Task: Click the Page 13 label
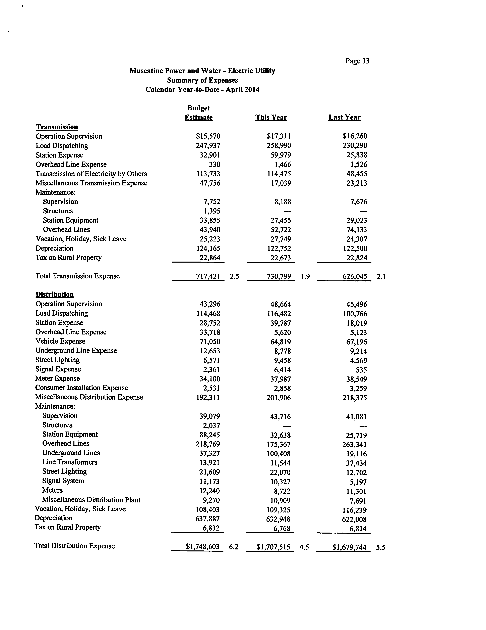click(357, 61)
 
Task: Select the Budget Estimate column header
click(199, 113)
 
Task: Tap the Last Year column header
click(345, 117)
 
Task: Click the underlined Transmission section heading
click(57, 127)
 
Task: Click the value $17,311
click(279, 136)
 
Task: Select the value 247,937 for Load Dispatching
click(208, 146)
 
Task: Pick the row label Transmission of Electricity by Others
click(91, 174)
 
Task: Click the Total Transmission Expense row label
click(78, 276)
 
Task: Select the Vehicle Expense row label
click(60, 341)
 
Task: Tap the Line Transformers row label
click(70, 462)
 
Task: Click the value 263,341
click(355, 445)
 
